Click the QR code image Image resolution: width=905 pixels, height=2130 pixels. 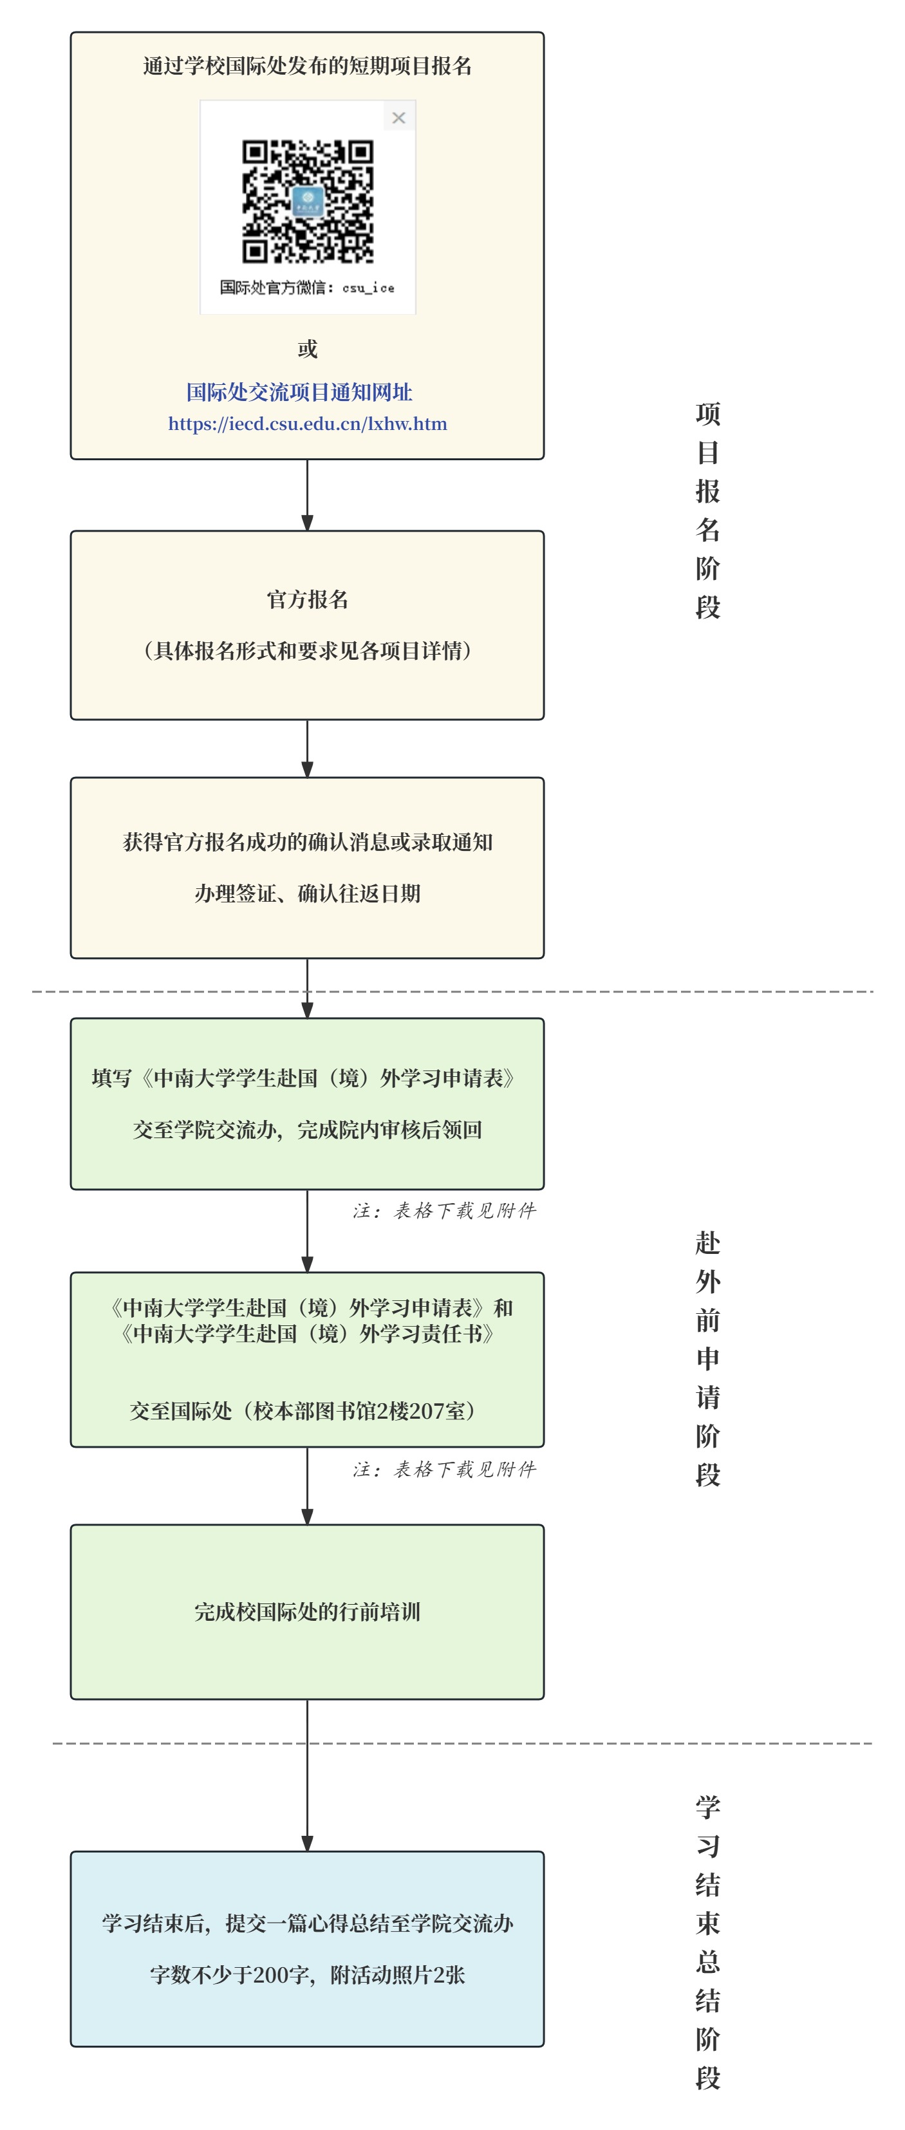[x=308, y=201]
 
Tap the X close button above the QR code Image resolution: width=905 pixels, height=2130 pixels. [x=398, y=117]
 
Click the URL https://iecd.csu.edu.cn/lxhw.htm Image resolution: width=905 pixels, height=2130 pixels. [x=308, y=424]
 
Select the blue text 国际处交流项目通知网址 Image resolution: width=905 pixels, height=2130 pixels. [x=299, y=392]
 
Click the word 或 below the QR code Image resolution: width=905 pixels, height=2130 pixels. [x=308, y=349]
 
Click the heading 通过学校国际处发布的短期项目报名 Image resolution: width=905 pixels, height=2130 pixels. [x=308, y=66]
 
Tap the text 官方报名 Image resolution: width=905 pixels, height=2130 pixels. [x=308, y=599]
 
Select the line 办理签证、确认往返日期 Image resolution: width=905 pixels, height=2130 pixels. [x=308, y=894]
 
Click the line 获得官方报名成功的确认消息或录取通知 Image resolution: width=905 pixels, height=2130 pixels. [x=308, y=843]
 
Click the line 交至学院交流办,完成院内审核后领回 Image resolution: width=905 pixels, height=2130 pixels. [x=308, y=1130]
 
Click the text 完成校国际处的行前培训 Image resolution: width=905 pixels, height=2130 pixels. [x=308, y=1612]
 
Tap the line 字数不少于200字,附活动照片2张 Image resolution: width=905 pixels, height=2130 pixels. [x=308, y=1975]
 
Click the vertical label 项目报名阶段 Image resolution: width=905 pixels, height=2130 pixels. [x=707, y=510]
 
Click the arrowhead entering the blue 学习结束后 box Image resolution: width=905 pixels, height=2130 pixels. [x=308, y=1843]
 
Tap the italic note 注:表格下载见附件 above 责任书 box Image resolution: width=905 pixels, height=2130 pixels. [x=445, y=1211]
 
